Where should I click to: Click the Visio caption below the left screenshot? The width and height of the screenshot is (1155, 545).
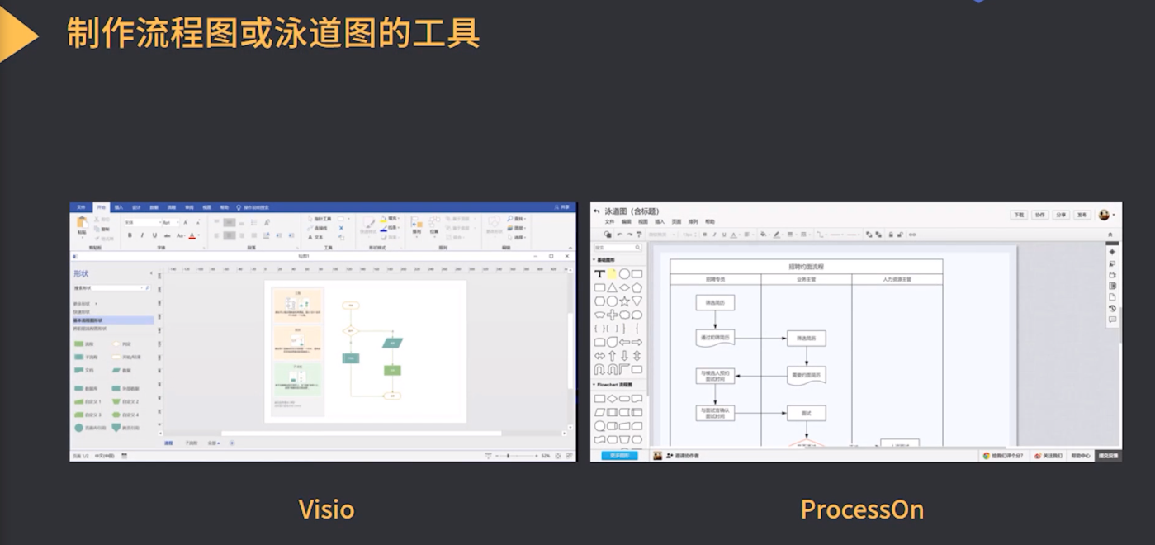[x=326, y=509]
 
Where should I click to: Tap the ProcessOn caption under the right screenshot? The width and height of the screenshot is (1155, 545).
[x=861, y=509]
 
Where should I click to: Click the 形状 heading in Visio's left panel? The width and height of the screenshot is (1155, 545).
[x=81, y=273]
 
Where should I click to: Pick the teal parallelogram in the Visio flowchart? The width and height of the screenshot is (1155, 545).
[x=392, y=342]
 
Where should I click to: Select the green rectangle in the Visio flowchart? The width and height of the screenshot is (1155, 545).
[x=392, y=370]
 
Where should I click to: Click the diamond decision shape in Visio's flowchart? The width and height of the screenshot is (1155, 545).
[x=351, y=330]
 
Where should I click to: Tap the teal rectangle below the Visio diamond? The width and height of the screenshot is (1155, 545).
[x=351, y=358]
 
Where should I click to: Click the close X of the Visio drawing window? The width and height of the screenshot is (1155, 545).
[x=567, y=256]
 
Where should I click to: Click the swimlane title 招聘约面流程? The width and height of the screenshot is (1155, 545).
[x=806, y=267]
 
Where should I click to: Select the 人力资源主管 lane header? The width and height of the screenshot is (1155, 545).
[x=897, y=280]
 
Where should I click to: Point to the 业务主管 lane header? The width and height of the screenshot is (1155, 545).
[x=806, y=280]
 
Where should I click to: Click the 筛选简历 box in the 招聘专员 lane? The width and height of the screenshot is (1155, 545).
[x=714, y=303]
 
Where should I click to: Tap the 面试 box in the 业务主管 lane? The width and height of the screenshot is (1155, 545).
[x=806, y=412]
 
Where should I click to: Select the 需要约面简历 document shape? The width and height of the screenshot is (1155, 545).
[x=806, y=375]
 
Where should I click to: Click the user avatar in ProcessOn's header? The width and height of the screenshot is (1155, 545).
[x=1104, y=215]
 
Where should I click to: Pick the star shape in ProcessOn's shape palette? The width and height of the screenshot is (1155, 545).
[x=624, y=301]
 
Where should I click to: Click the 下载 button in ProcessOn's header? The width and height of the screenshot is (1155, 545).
[x=1019, y=215]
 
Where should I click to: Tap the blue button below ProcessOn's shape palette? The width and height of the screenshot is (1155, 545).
[x=619, y=455]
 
